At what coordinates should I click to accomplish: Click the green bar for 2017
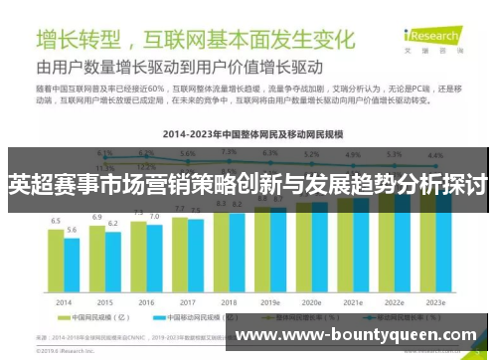click(180, 253)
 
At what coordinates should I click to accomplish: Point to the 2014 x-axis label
click(64, 301)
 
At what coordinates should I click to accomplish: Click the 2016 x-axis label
click(146, 301)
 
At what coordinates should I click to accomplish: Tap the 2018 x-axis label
click(229, 301)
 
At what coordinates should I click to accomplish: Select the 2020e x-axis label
click(311, 301)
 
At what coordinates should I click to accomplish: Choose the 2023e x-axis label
click(434, 301)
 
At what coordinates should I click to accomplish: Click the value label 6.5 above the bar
click(57, 221)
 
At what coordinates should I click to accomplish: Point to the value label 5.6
click(72, 230)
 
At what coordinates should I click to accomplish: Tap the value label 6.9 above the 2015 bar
click(97, 216)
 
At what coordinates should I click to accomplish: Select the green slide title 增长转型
click(79, 40)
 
